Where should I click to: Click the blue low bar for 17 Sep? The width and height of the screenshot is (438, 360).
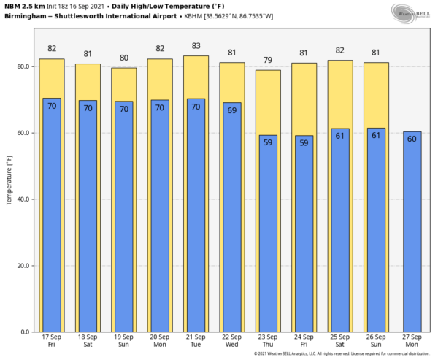52,219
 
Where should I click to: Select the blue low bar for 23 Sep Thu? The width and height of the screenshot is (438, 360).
268,241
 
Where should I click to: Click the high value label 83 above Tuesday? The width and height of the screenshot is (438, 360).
196,46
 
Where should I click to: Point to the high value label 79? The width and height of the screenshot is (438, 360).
268,60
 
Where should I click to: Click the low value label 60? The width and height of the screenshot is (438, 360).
412,139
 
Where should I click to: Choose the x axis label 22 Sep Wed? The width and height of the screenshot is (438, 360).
232,341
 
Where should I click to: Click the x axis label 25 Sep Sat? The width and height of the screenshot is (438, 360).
340,341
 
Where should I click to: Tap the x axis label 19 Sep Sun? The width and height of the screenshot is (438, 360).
123,341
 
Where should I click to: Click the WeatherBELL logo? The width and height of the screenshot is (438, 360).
411,12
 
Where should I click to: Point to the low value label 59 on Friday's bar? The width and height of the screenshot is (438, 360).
304,142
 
